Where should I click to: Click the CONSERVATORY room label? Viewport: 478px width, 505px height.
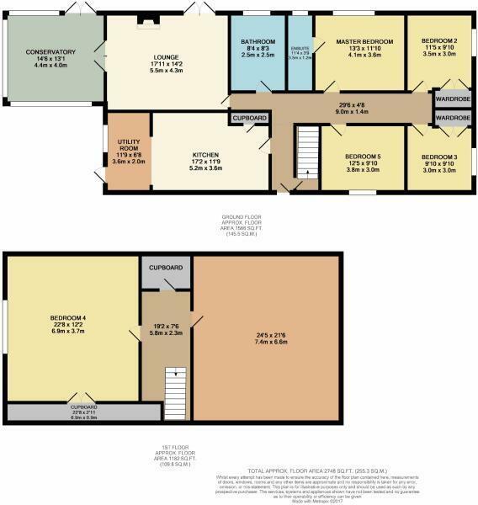50,52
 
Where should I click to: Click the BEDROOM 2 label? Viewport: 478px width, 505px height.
438,41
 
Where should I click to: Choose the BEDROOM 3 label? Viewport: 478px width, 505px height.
438,157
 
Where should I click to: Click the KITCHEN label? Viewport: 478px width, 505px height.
204,155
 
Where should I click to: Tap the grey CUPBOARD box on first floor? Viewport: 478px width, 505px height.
166,268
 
